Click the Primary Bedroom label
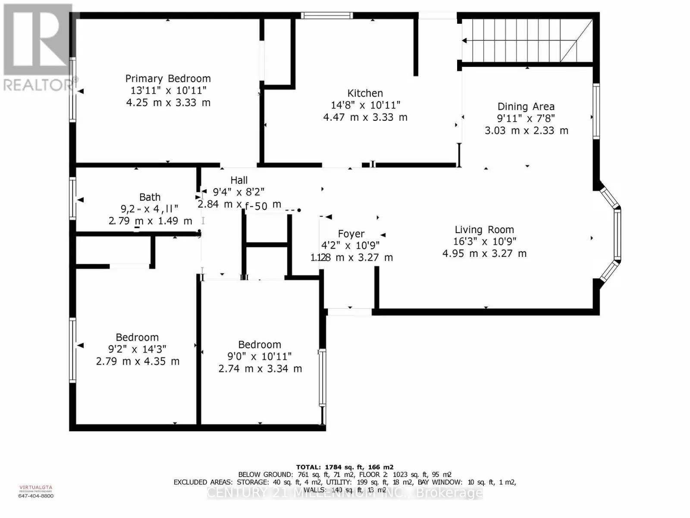tap(168, 79)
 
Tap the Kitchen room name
tap(365, 93)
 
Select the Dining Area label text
tap(526, 107)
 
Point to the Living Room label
tap(484, 230)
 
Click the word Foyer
tap(351, 234)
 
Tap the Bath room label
tap(150, 197)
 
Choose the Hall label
tap(239, 180)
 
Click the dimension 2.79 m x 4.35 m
tap(138, 361)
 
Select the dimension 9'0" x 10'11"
tap(260, 357)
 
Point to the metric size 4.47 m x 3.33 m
tap(365, 117)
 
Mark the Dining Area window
tap(596, 111)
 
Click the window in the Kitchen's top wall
tap(326, 16)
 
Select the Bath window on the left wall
tap(73, 199)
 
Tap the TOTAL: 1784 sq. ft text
tap(345, 467)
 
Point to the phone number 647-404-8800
tap(36, 496)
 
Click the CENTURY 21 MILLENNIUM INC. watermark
tap(345, 493)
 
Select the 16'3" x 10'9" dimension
tap(484, 242)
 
